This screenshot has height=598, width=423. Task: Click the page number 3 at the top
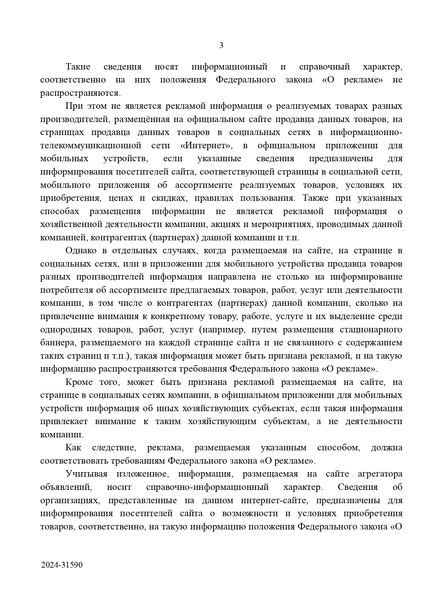click(x=221, y=45)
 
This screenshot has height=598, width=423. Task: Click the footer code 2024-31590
click(x=62, y=565)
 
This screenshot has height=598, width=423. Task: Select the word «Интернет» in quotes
click(x=206, y=146)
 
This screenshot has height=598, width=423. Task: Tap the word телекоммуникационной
click(x=91, y=146)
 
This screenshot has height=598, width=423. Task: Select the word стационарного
click(x=371, y=330)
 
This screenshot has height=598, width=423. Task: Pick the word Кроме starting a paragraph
click(x=78, y=382)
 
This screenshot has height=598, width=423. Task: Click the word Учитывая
click(x=87, y=474)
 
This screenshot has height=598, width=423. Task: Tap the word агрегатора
click(x=380, y=474)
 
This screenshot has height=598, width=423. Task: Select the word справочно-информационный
click(x=207, y=487)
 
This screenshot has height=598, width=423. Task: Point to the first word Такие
click(x=78, y=67)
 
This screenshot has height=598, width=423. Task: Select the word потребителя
click(x=66, y=290)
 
